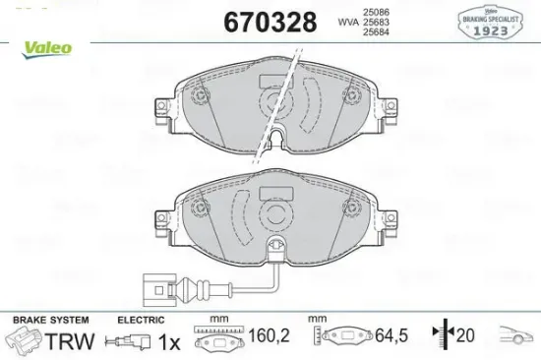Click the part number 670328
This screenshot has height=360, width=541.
click(x=270, y=22)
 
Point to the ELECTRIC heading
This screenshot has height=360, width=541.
click(x=141, y=319)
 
